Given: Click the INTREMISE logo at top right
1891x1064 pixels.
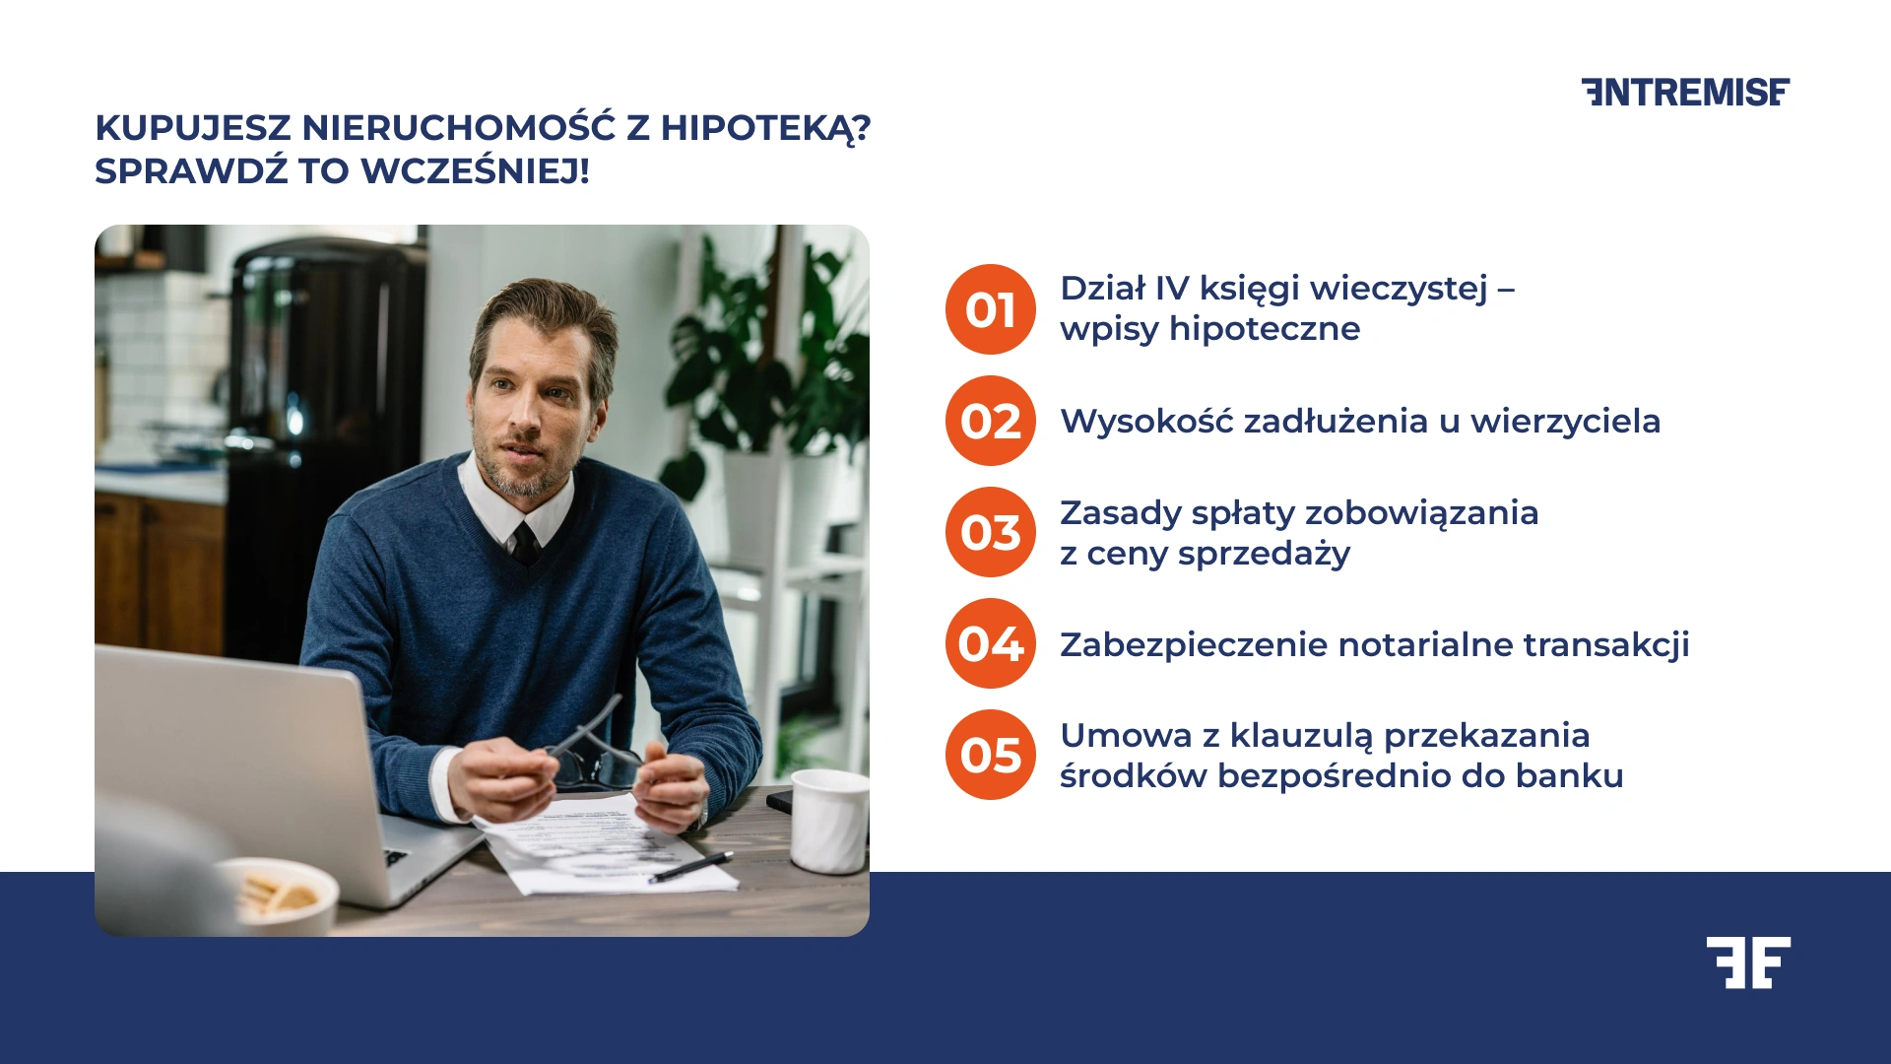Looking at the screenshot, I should click(x=1685, y=92).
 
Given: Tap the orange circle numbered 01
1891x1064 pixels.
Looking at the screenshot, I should click(x=990, y=309).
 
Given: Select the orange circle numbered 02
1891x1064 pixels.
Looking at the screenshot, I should click(x=990, y=421).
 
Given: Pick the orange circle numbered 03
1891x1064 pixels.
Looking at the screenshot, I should click(x=990, y=532).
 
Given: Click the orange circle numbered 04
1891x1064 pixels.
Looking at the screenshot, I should click(x=990, y=643).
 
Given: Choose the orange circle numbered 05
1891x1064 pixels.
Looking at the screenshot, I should click(x=990, y=755).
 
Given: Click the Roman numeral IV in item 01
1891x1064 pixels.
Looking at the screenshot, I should click(x=1172, y=289).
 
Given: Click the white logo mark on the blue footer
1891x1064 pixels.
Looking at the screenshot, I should click(x=1748, y=963).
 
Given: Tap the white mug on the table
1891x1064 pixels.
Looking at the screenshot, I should click(x=829, y=821).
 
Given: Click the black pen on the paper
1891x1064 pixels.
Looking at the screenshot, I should click(x=691, y=867).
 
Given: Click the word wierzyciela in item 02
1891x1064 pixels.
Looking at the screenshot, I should click(x=1565, y=422).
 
